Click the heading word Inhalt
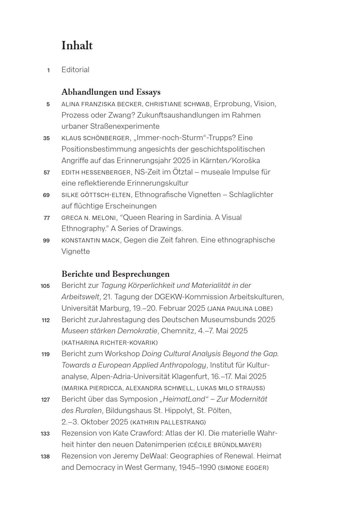77,46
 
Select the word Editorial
75,70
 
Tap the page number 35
46,138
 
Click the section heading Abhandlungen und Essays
111,92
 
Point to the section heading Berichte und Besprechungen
115,274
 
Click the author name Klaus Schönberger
95,138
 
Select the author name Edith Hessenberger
96,172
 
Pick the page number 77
46,218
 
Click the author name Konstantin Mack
90,240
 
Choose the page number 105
45,286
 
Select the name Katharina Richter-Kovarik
110,343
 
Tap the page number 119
45,354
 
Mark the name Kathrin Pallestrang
168,422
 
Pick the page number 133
45,434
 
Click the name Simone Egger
243,468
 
